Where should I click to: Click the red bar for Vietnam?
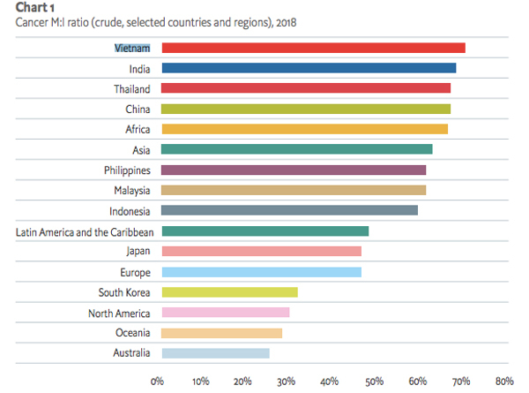click(312, 48)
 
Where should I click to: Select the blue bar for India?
click(308, 68)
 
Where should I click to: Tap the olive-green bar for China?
click(305, 109)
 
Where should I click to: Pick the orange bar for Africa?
click(303, 129)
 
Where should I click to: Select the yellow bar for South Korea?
click(228, 292)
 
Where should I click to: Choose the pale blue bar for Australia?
click(214, 353)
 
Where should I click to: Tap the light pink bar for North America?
click(224, 313)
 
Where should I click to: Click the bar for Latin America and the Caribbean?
click(264, 231)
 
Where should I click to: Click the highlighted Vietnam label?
click(132, 48)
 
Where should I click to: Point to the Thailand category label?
click(130, 88)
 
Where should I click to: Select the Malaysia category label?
click(131, 191)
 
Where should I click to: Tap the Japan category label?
click(138, 252)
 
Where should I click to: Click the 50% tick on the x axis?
click(374, 382)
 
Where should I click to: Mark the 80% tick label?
click(503, 382)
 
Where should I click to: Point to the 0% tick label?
click(158, 382)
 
